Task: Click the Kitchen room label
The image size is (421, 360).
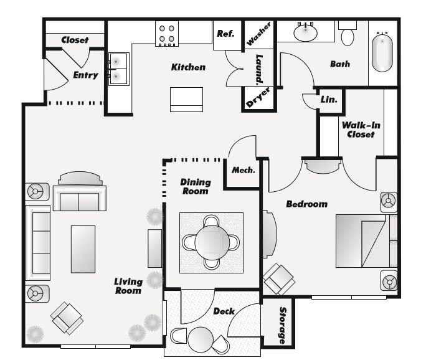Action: coord(188,67)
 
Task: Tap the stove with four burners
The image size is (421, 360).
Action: coord(167,33)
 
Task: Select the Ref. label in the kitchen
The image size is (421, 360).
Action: coord(225,34)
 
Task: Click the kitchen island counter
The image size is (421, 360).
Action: coord(187,99)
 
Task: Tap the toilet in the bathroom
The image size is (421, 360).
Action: coord(348,34)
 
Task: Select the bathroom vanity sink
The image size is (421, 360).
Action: coord(305,32)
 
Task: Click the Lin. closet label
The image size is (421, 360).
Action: coord(329,100)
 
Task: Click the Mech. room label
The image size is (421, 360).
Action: coord(243,170)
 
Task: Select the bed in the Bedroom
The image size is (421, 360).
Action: coord(364,242)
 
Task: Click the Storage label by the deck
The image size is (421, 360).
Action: coord(283,324)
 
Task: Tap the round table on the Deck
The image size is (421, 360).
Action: coord(201,340)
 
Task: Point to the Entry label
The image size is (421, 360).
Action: coord(85,75)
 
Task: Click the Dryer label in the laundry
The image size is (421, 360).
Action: coord(258,98)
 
